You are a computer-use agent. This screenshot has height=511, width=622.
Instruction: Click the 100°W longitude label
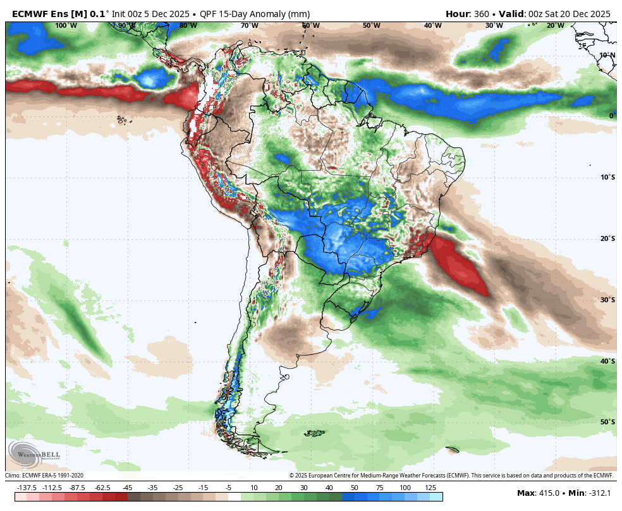point(66,25)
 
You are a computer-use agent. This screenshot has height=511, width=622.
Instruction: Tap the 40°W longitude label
point(432,25)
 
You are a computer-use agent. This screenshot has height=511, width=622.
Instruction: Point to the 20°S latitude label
point(607,238)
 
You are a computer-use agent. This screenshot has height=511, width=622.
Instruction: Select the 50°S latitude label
point(607,422)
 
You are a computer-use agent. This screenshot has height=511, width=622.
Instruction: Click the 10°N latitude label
point(607,55)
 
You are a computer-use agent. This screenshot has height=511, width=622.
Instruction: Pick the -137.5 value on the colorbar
point(27,488)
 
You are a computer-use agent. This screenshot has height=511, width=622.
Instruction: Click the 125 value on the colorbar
point(430,488)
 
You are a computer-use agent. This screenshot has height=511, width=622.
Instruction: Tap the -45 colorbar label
point(127,488)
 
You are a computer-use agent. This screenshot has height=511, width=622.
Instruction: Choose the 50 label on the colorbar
point(354,488)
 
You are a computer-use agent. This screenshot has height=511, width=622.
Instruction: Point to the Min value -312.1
point(601,493)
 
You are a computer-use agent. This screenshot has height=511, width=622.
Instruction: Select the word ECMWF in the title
point(29,13)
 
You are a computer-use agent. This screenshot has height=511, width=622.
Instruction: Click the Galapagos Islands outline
point(121,119)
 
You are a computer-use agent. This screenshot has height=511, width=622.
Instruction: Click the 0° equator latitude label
point(611,116)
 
